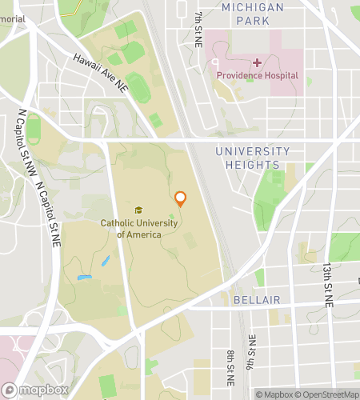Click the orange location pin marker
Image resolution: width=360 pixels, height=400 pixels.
point(181,199)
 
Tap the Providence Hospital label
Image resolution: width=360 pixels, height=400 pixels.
point(257,75)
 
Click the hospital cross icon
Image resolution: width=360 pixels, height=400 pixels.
point(258,62)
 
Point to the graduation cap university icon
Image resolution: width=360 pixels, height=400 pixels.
point(138,210)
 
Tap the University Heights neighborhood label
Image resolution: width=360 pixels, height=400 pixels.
point(253,158)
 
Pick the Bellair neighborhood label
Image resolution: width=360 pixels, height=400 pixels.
point(256,300)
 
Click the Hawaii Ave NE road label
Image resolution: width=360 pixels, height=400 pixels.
point(100,71)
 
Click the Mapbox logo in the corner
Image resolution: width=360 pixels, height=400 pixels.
point(34,390)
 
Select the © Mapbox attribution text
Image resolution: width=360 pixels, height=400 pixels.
point(275,394)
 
